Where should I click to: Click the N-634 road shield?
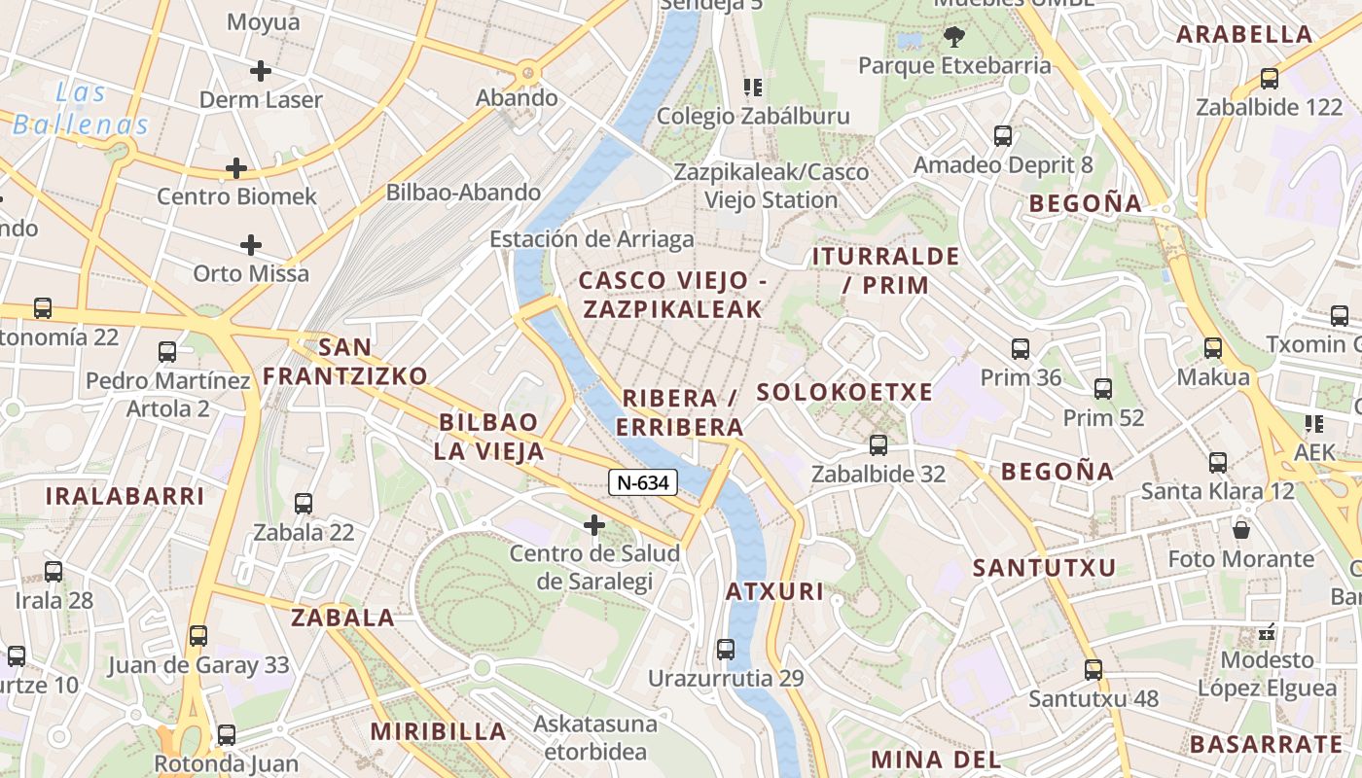[643, 481]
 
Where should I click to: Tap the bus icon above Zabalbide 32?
[878, 445]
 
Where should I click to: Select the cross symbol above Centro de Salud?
[594, 526]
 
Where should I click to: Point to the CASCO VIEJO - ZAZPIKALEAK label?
[671, 295]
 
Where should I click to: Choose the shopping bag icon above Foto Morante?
[1241, 530]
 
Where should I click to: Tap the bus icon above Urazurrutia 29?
[726, 649]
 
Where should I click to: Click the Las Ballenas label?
[80, 109]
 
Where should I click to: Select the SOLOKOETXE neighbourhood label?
[844, 393]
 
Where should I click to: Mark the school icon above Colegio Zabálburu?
[753, 88]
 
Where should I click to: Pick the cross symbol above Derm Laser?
[260, 71]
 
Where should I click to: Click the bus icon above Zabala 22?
[304, 504]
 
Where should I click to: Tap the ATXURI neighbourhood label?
[774, 591]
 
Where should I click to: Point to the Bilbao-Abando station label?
[463, 193]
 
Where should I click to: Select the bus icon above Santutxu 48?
[1094, 669]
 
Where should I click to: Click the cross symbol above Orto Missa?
[251, 245]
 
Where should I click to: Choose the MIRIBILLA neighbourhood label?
[439, 731]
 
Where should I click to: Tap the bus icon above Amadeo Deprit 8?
[1003, 136]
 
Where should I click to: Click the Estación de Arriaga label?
[591, 239]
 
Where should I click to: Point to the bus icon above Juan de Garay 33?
[198, 636]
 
